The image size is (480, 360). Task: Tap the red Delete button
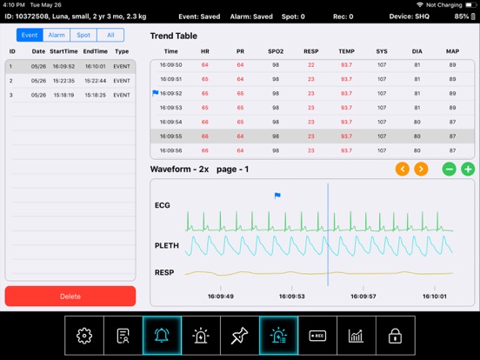coord(70,296)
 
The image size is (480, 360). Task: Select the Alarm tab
coord(57,35)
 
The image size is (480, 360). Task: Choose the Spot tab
coord(83,35)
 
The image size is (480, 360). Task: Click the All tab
coord(110,35)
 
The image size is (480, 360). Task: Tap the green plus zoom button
coord(468,169)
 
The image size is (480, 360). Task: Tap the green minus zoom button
coord(449,169)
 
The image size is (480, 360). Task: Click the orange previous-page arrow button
coord(402,169)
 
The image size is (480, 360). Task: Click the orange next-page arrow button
coord(421,169)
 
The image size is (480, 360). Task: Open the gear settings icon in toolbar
coord(84,336)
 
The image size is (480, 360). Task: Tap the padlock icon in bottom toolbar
coord(396,336)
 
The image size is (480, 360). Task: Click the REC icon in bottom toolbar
coord(317,336)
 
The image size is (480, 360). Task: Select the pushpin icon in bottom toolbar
coord(239,336)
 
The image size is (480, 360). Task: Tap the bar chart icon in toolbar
coord(357,336)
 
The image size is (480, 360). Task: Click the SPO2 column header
coord(276,51)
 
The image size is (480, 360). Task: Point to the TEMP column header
coord(346,51)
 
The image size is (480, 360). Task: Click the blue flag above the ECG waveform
coord(277,197)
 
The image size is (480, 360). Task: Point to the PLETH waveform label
coord(166,246)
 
